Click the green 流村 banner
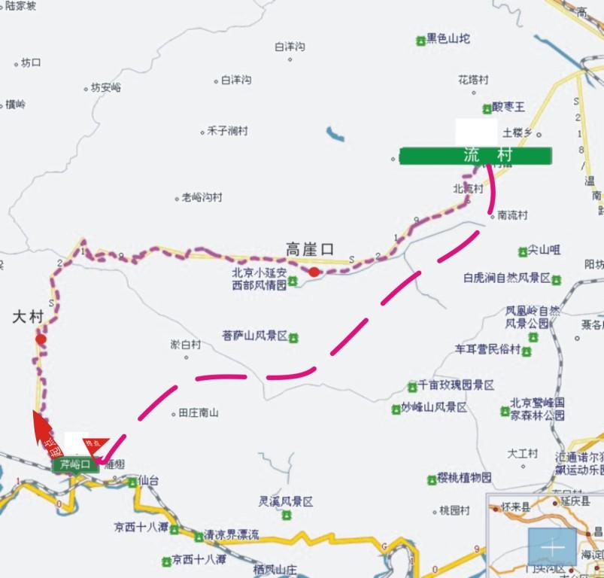pos(475,156)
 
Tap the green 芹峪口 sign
pos(75,465)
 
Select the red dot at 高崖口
pos(313,272)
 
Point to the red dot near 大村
pos(41,339)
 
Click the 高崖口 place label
pos(309,249)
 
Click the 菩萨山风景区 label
pos(255,336)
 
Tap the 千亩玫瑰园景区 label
pos(456,385)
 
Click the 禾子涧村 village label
pos(227,131)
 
